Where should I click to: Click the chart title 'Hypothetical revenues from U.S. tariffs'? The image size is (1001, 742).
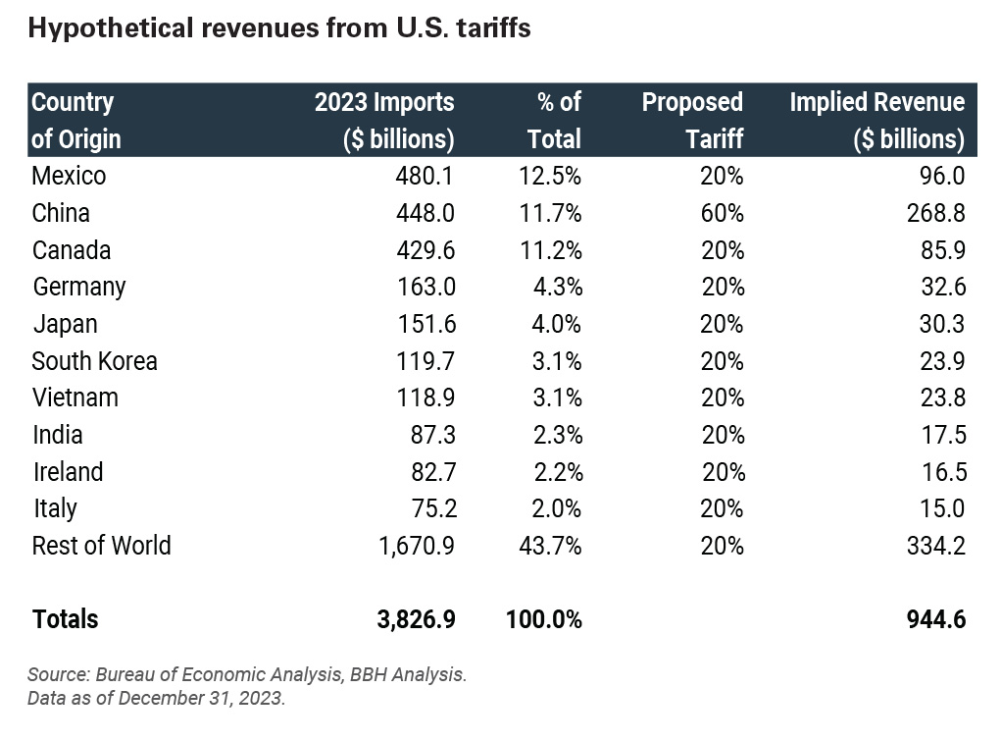279,29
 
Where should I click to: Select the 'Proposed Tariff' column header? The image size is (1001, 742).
692,120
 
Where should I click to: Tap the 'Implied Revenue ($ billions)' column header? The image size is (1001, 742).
876,120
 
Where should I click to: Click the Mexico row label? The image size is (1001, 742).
69,177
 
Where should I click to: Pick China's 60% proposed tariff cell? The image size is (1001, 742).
722,214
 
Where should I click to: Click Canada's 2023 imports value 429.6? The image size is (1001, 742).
424,250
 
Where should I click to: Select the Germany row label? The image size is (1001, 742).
79,288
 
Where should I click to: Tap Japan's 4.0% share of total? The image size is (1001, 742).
557,324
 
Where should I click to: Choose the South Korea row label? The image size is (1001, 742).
94,361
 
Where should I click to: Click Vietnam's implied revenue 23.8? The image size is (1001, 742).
939,397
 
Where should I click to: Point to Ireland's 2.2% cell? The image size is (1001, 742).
557,472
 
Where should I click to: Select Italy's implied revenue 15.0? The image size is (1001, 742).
939,508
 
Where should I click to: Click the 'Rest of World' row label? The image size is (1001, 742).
101,546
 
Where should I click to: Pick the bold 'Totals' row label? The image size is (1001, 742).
66,619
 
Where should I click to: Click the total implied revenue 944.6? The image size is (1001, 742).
933,619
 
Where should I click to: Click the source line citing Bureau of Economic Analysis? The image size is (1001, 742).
247,675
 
